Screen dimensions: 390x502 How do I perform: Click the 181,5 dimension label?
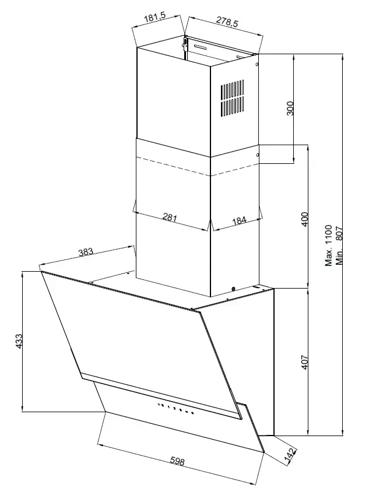(x=154, y=18)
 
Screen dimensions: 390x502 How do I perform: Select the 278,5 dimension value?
(x=227, y=21)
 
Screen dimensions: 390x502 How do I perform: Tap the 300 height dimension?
(x=290, y=108)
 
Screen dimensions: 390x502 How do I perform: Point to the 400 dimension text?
(x=304, y=219)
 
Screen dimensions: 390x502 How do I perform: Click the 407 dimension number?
(x=304, y=361)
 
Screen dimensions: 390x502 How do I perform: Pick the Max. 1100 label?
(x=329, y=245)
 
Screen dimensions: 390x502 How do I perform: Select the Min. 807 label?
(x=339, y=245)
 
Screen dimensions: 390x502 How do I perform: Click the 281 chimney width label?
(x=170, y=217)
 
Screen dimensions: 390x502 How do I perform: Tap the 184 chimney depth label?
(x=239, y=220)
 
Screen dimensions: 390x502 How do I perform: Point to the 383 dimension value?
(x=86, y=252)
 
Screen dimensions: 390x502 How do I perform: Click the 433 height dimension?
(x=19, y=341)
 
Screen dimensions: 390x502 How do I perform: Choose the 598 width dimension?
(x=177, y=461)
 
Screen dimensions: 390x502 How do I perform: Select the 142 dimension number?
(x=290, y=455)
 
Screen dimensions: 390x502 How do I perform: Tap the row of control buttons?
(x=175, y=408)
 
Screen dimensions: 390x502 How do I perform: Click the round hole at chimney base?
(x=233, y=289)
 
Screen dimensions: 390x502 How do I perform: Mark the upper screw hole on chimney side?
(x=257, y=64)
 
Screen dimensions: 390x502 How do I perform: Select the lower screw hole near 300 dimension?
(x=258, y=156)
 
